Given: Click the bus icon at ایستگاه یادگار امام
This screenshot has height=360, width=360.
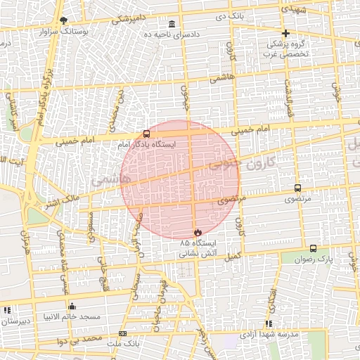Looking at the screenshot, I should [146, 134].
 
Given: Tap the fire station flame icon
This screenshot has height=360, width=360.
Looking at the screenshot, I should [197, 232].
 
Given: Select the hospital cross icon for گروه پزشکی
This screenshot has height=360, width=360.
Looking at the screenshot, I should [285, 33].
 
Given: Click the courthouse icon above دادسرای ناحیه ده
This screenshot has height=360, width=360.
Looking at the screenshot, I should [172, 24].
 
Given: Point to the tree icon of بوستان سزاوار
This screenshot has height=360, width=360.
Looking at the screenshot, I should [63, 20].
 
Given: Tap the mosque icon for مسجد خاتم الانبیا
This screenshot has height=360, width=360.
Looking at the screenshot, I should [71, 306].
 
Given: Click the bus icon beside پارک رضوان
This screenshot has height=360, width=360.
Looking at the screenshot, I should [313, 248].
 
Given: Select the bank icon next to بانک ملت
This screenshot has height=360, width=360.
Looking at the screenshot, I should [123, 333].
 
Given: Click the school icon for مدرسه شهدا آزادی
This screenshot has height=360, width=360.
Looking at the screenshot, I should [269, 323].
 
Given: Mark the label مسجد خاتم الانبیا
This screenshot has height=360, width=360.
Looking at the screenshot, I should [71, 317].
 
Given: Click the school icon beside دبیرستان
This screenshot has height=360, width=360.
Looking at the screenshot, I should [7, 309].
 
